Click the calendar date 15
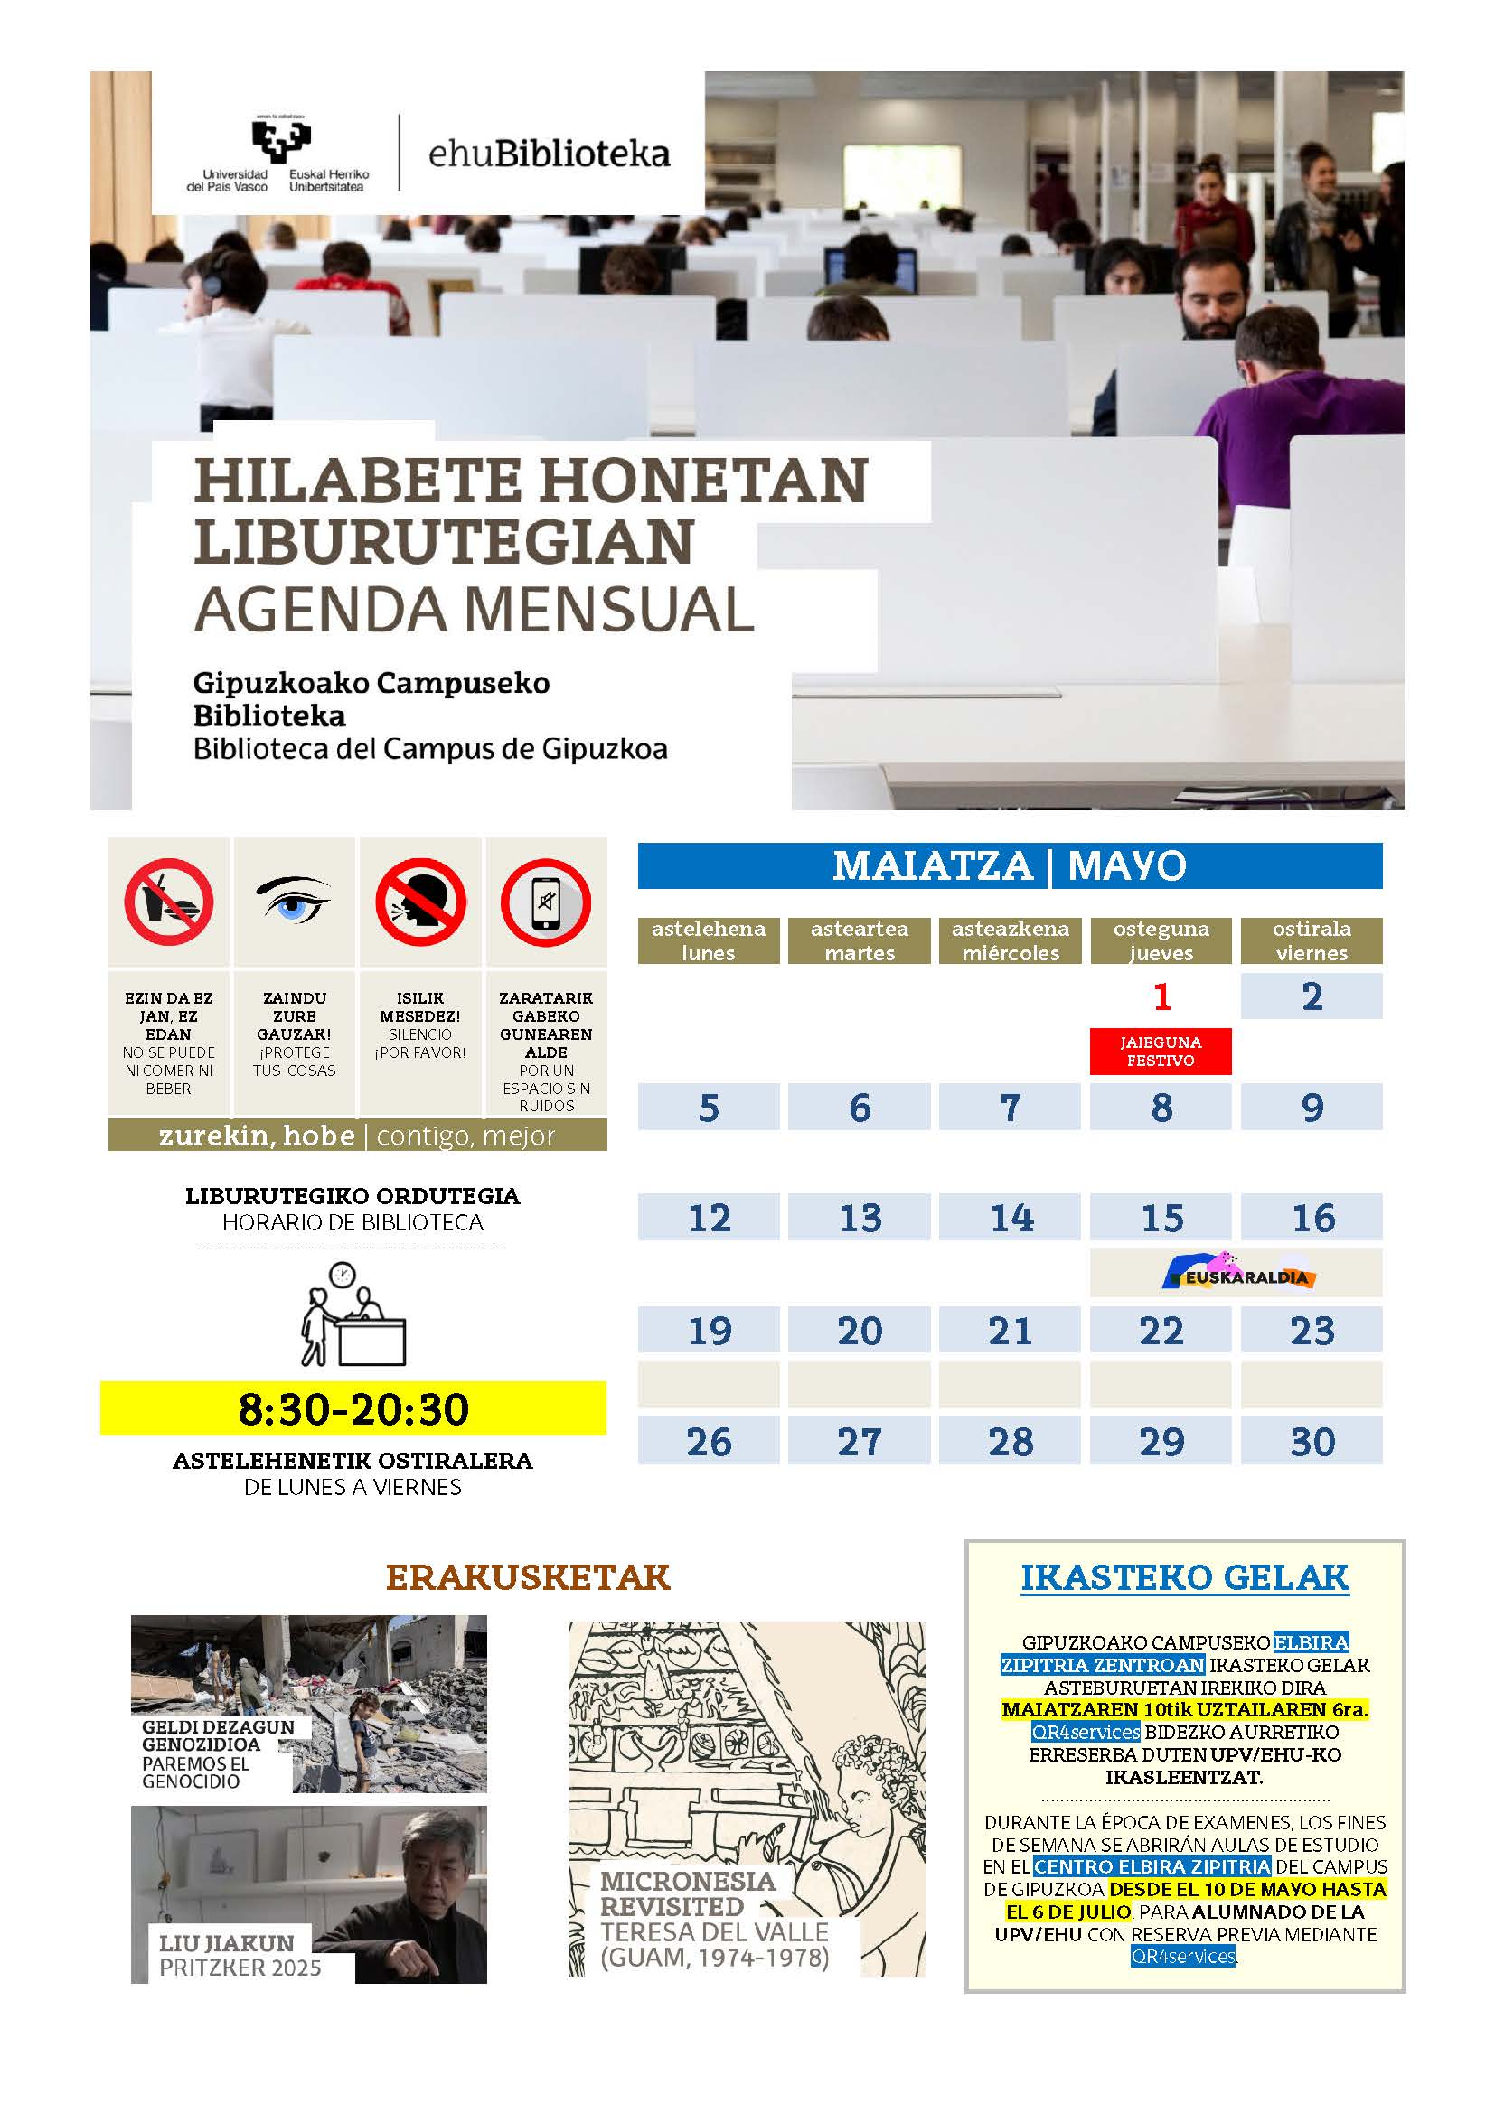[x=1161, y=1218]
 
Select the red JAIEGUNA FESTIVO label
[x=1160, y=1051]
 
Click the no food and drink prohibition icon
[x=169, y=902]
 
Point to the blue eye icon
[x=294, y=900]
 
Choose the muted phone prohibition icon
[x=546, y=902]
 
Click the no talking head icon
[x=419, y=902]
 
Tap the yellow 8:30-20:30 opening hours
[x=353, y=1409]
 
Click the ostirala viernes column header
[x=1311, y=940]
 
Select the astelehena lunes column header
[x=708, y=940]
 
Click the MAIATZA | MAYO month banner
[x=1009, y=866]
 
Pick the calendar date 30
[x=1311, y=1441]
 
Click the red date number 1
[x=1161, y=996]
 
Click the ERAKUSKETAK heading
[x=528, y=1577]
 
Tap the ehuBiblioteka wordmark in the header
[x=549, y=154]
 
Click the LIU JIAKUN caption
[x=227, y=1943]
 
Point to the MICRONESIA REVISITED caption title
[x=688, y=1893]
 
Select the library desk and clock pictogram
[x=353, y=1314]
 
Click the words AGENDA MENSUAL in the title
[x=475, y=609]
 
